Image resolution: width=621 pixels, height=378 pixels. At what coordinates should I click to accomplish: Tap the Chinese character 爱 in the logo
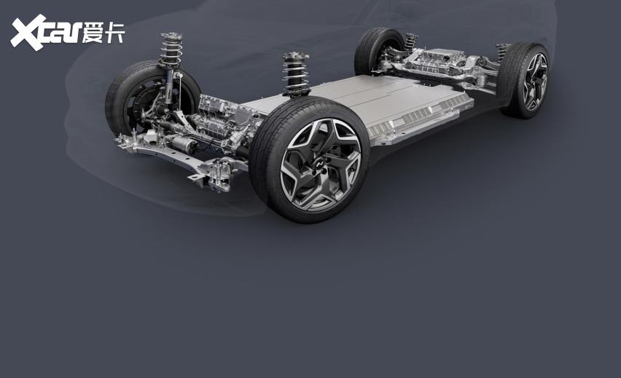tap(93, 33)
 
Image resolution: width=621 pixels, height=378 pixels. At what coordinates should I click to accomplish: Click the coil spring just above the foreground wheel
tap(296, 74)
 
